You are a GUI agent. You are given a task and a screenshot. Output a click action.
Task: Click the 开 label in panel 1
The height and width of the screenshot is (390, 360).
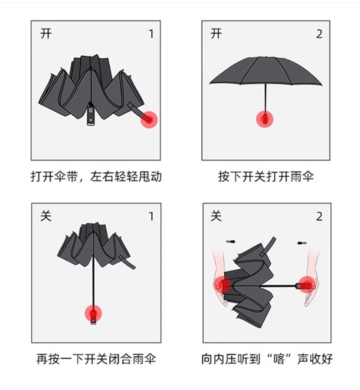pyautogui.click(x=46, y=33)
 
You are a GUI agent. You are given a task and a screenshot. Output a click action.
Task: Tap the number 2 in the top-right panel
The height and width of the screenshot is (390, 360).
pyautogui.click(x=319, y=34)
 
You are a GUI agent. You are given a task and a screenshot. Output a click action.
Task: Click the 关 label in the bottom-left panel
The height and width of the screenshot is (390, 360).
pyautogui.click(x=46, y=216)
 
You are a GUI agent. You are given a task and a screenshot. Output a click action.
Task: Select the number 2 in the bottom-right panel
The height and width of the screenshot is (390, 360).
pyautogui.click(x=319, y=216)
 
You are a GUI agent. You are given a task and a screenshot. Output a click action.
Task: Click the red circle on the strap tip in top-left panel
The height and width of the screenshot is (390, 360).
pyautogui.click(x=149, y=120)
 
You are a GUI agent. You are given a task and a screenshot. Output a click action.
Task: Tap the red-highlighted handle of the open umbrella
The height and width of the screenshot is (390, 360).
pyautogui.click(x=265, y=119)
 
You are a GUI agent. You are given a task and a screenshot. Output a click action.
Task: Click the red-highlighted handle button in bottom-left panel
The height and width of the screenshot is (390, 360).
pyautogui.click(x=93, y=313)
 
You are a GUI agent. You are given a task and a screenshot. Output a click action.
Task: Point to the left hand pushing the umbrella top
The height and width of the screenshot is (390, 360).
pyautogui.click(x=220, y=278)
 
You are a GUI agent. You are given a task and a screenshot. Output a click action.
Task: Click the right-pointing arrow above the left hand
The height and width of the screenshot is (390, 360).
pyautogui.click(x=231, y=241)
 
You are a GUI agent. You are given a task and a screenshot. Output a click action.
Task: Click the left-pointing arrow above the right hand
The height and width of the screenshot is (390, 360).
pyautogui.click(x=302, y=243)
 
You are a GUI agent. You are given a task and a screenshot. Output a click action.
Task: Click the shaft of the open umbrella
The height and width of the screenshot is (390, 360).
pyautogui.click(x=266, y=99)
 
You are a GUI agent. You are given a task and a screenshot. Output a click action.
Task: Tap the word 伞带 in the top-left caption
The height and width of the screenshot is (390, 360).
pyautogui.click(x=67, y=177)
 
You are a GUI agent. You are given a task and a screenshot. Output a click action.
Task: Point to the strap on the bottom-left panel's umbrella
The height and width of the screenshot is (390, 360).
pyautogui.click(x=127, y=262)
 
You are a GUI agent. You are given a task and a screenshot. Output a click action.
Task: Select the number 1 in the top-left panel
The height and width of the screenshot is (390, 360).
pyautogui.click(x=151, y=34)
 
